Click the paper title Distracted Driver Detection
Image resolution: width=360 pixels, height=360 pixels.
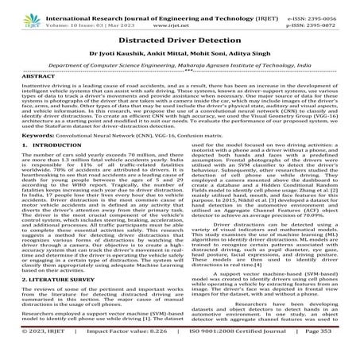point(180,39)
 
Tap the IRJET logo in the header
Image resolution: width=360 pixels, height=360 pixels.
point(14,11)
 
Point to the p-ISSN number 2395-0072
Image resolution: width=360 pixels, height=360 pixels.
point(329,15)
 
